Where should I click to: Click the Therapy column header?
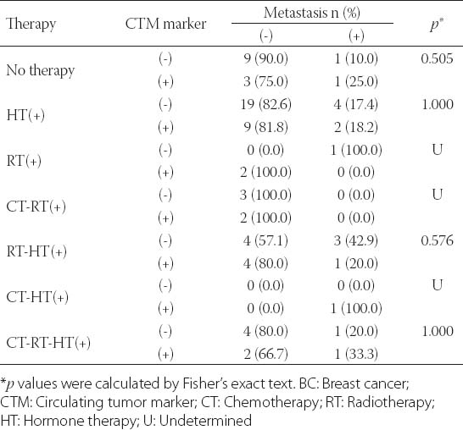(31, 25)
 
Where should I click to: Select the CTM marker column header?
(165, 24)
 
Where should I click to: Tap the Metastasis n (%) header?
(312, 13)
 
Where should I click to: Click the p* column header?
(437, 25)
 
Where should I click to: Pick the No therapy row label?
(40, 70)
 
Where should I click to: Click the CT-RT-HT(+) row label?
(48, 343)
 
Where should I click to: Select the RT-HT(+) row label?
(36, 252)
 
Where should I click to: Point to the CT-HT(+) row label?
(37, 297)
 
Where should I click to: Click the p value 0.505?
(437, 58)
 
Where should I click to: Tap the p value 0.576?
(437, 240)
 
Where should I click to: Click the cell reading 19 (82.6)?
(265, 105)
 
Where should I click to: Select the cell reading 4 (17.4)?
(356, 105)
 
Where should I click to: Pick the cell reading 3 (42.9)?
(356, 240)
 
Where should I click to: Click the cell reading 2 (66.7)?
(265, 354)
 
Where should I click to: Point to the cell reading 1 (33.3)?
(356, 354)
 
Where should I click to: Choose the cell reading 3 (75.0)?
(265, 81)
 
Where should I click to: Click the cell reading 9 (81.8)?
(265, 127)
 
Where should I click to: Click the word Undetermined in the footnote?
(205, 421)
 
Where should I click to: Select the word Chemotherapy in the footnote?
(271, 402)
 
